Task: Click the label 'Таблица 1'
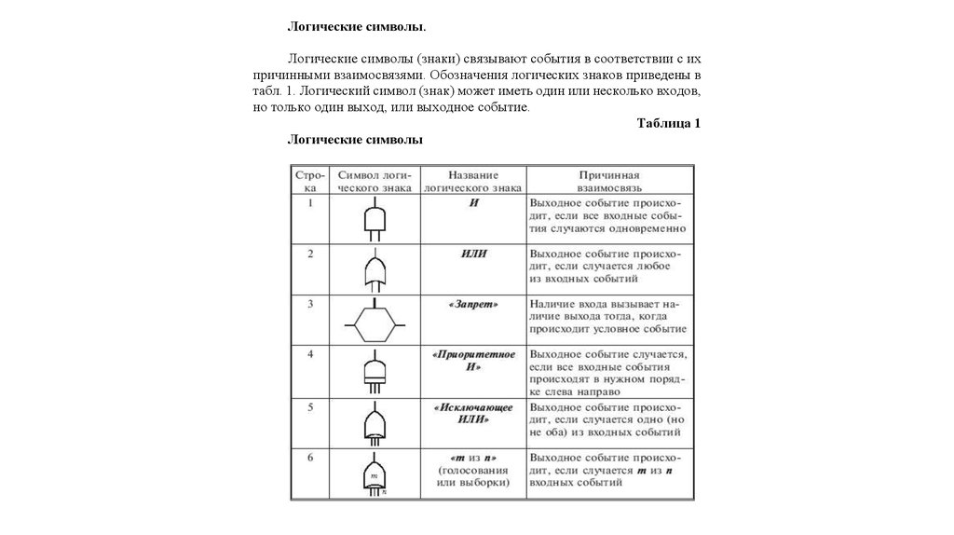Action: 668,123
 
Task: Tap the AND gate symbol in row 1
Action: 374,219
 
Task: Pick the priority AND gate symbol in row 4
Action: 374,371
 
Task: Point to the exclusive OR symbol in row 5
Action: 374,424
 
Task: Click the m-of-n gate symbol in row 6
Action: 374,474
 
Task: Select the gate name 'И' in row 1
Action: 473,202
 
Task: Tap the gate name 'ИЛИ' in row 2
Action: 473,254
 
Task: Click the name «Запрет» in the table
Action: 473,304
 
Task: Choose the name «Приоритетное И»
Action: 473,362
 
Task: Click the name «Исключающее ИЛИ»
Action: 473,413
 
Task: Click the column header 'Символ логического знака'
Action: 374,181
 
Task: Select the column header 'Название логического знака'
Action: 473,181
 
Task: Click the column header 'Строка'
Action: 310,181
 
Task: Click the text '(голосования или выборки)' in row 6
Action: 473,476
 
